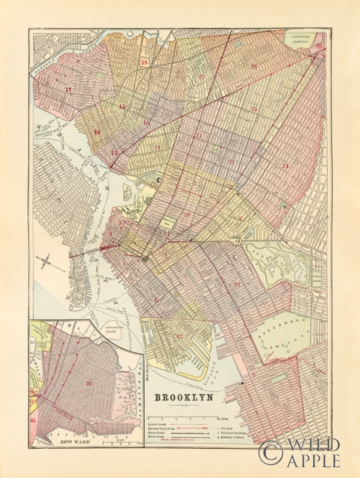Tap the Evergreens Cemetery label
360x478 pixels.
(x=302, y=38)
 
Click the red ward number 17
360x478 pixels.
(x=68, y=90)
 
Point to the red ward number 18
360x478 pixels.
(x=144, y=62)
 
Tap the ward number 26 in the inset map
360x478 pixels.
(x=89, y=383)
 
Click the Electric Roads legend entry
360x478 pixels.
(x=157, y=423)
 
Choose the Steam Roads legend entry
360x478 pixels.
(x=157, y=433)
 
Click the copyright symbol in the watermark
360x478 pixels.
(x=269, y=452)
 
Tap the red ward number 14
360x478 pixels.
(x=96, y=132)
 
